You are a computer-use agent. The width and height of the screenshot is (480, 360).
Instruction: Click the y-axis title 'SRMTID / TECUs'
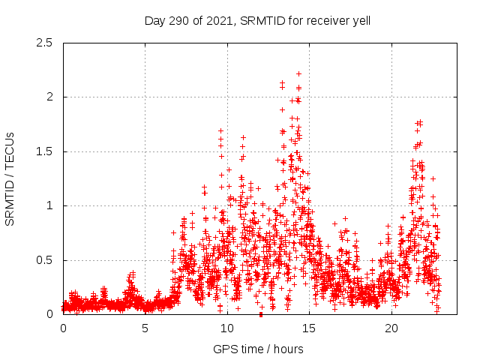10,178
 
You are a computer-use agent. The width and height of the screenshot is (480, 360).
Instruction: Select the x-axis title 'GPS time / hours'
259,349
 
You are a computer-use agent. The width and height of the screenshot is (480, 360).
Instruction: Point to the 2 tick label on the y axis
49,97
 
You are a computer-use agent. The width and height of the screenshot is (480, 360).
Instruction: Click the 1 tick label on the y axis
49,206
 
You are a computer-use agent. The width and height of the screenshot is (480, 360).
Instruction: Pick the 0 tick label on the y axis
49,315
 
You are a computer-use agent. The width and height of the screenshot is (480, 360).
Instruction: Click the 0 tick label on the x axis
63,328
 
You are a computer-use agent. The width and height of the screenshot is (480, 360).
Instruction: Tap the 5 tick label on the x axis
145,328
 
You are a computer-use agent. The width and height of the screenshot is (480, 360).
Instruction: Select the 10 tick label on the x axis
227,328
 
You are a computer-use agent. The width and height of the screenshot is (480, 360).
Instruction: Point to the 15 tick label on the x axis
309,328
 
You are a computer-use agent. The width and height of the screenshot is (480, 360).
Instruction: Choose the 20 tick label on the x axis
391,328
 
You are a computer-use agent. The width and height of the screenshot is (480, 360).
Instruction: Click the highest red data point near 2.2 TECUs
298,73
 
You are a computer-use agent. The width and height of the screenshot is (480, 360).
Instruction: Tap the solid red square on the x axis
260,314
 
